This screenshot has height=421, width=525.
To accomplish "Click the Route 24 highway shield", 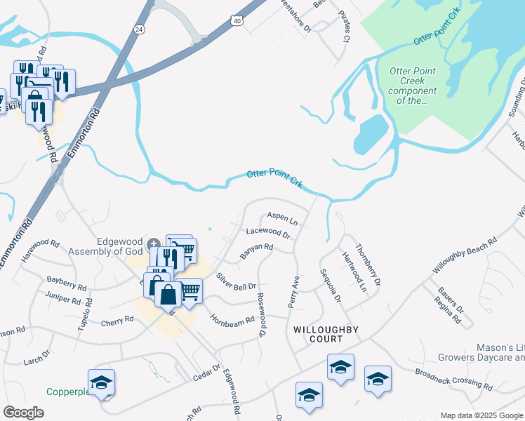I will coord(139,29).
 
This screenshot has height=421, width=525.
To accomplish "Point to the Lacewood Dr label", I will coord(268,232).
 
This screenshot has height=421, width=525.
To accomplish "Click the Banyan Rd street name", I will coord(256,250).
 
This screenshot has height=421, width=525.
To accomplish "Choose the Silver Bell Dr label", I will coord(237,282).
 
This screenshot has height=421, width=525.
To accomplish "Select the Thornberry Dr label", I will coord(368,264).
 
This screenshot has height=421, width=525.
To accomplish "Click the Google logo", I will coord(23,412).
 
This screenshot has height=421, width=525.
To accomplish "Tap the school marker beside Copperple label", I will coord(102,383).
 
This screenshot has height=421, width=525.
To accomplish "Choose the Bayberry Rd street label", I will coord(67,283).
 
